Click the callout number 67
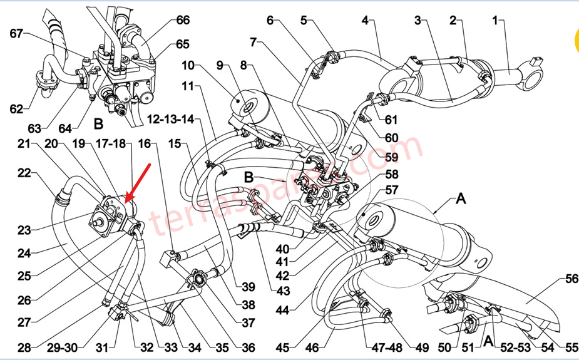pyautogui.click(x=16, y=33)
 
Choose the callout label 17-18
pyautogui.click(x=114, y=143)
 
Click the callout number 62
pyautogui.click(x=16, y=109)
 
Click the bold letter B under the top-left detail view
pyautogui.click(x=98, y=124)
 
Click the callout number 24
pyautogui.click(x=24, y=254)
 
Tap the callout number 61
pyautogui.click(x=391, y=120)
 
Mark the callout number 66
pyautogui.click(x=182, y=20)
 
